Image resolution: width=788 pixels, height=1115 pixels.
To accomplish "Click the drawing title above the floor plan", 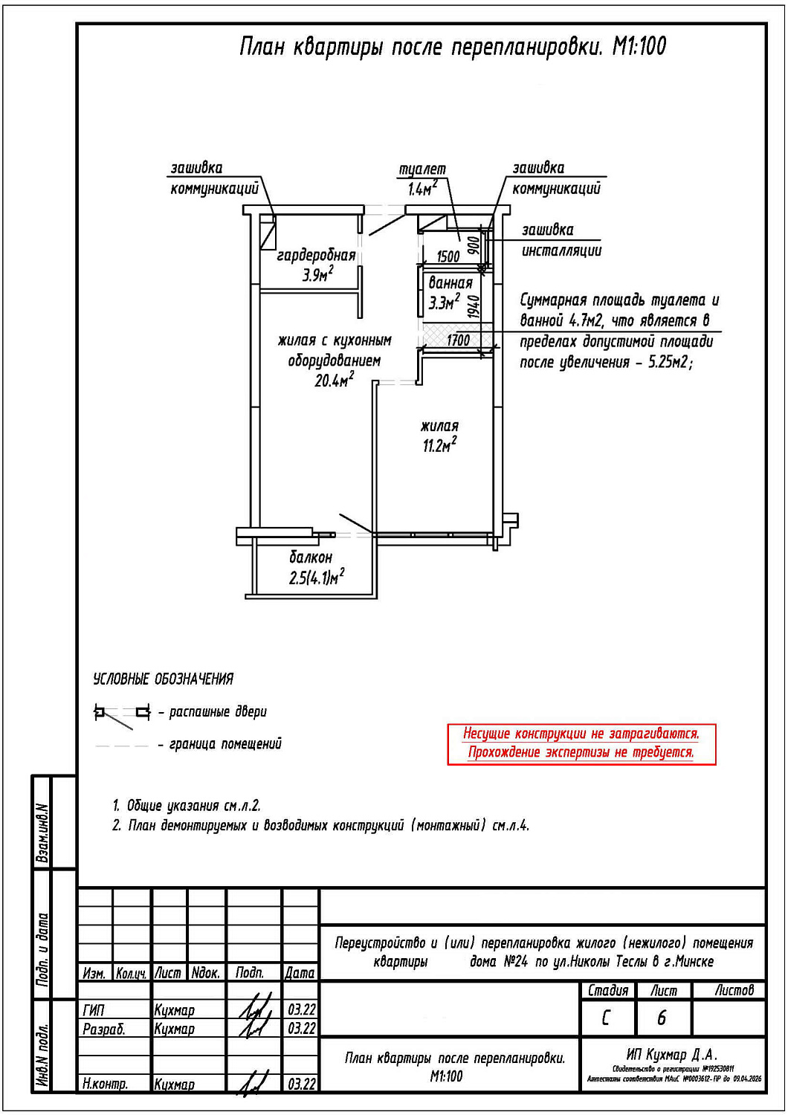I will [452, 47].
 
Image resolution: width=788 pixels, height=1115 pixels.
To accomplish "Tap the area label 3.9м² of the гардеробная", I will [317, 275].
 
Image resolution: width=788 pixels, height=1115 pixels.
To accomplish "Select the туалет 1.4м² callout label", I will [422, 179].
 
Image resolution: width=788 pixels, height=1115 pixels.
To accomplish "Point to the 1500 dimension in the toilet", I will [448, 257].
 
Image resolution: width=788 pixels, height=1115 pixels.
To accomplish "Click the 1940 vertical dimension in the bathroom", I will [474, 306].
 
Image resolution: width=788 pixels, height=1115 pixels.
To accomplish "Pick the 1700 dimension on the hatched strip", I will [458, 340].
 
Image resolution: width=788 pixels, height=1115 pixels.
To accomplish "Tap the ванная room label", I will [450, 283].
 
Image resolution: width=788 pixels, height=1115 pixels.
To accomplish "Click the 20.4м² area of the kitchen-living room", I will [334, 381].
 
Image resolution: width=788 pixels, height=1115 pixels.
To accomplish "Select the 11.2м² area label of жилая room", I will [439, 445].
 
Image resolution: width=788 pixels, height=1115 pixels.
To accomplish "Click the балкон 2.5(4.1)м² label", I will [316, 568].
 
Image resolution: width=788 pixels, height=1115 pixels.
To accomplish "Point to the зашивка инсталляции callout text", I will [561, 240].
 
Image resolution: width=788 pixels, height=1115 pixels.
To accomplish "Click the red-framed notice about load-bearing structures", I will [581, 743].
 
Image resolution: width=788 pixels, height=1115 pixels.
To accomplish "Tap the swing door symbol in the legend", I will [121, 714].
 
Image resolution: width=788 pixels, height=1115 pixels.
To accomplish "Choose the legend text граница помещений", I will [225, 744].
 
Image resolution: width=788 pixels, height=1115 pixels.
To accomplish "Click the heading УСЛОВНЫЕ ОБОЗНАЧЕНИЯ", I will [163, 679].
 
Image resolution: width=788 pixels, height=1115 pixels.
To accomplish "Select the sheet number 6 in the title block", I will [662, 1018].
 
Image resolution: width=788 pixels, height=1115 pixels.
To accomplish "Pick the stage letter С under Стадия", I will [607, 1018].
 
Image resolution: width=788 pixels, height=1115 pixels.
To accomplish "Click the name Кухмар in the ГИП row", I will [174, 1010].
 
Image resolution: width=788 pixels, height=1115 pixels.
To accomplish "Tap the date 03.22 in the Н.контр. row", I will [301, 1084].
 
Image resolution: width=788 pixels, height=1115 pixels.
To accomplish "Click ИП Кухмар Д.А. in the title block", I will [672, 1055].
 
